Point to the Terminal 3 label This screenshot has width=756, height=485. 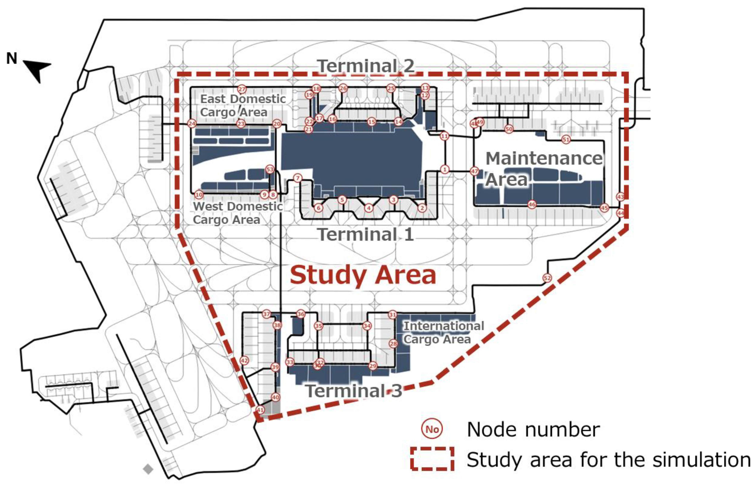354,391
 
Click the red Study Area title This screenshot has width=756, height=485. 363,275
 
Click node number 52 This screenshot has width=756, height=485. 547,278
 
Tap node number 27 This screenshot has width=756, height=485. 241,89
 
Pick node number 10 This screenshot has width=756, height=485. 199,195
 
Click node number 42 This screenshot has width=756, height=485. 244,361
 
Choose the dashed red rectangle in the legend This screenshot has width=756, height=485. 432,459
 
